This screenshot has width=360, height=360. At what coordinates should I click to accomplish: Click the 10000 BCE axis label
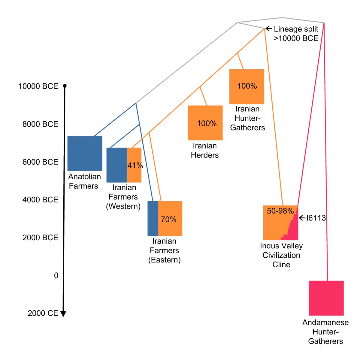(38, 86)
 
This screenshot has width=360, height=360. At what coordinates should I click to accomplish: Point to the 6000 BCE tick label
(40, 162)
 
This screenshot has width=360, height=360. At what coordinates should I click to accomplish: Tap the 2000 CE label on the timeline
(43, 313)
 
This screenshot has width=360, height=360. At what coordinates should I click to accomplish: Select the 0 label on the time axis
(56, 275)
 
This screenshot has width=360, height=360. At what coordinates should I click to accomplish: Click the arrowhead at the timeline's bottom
(63, 314)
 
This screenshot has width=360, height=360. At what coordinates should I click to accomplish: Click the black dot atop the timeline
(65, 86)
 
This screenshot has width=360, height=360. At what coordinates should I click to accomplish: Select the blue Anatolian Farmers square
(85, 153)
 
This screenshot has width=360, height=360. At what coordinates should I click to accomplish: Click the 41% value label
(135, 165)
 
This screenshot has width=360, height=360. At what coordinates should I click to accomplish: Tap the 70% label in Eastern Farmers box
(168, 219)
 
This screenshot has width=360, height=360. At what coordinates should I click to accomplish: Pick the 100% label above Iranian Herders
(207, 123)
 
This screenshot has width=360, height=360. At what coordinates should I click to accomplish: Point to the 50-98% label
(280, 211)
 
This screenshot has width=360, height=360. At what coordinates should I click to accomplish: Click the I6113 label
(316, 218)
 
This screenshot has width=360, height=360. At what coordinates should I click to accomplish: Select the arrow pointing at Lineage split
(269, 29)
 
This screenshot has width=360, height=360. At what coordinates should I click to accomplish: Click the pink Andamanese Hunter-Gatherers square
(326, 298)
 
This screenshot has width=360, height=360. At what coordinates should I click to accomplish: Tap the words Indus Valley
(281, 246)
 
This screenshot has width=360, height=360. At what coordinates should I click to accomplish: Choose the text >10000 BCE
(296, 38)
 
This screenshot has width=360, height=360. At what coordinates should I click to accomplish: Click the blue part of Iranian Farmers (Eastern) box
(153, 218)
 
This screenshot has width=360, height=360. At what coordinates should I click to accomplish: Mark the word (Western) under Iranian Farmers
(123, 206)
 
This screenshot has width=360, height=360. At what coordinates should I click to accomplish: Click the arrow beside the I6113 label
(302, 218)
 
